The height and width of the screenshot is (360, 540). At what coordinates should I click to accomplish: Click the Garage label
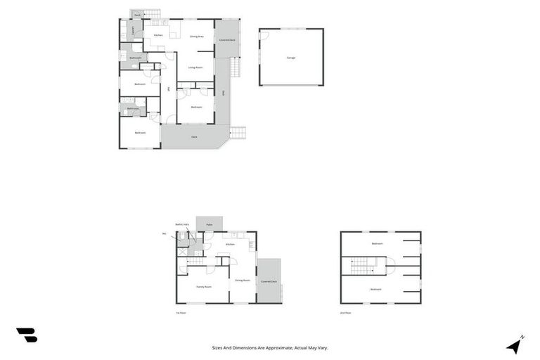tap(290, 58)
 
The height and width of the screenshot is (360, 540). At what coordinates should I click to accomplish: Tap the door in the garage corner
tap(264, 35)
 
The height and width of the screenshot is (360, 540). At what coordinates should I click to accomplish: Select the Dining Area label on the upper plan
tap(197, 36)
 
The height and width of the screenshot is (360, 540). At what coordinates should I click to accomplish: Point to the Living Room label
tap(195, 67)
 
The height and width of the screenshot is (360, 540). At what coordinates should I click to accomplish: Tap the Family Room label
tap(204, 287)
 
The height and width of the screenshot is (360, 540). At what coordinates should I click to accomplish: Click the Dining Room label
tap(243, 280)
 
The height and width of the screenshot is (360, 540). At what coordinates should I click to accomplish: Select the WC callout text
tap(164, 233)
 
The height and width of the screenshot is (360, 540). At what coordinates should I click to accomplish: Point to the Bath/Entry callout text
tap(182, 224)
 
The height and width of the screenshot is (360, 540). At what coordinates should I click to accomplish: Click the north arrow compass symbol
tap(515, 345)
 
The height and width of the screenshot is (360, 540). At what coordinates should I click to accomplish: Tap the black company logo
tap(27, 335)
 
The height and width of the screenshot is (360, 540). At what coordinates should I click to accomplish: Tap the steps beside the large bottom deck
tap(238, 133)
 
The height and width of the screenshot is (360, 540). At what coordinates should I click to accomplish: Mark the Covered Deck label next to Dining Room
tap(269, 281)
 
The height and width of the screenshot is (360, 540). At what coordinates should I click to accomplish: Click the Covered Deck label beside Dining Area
tap(227, 40)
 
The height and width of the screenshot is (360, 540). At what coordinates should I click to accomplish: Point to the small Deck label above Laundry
tap(136, 14)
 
